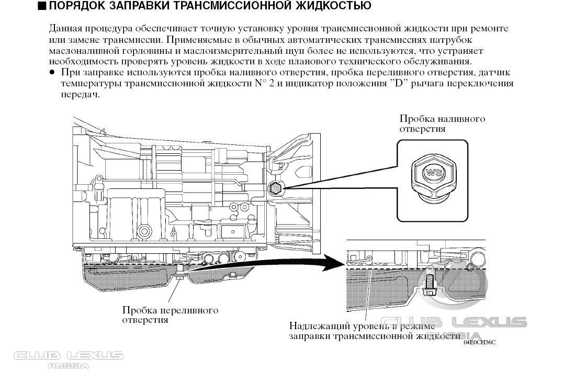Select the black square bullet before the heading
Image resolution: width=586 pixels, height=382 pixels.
(x=42, y=6)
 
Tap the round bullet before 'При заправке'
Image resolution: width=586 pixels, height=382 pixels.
(x=52, y=72)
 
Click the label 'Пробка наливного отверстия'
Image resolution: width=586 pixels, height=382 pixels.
(x=442, y=123)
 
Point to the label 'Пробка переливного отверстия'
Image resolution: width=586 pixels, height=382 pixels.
(x=170, y=315)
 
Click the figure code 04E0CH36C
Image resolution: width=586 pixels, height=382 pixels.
(x=479, y=342)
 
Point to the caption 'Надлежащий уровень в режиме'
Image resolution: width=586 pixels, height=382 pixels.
(x=361, y=326)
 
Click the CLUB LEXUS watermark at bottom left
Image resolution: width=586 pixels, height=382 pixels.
(x=69, y=356)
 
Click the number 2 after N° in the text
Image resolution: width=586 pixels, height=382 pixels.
(x=272, y=84)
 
